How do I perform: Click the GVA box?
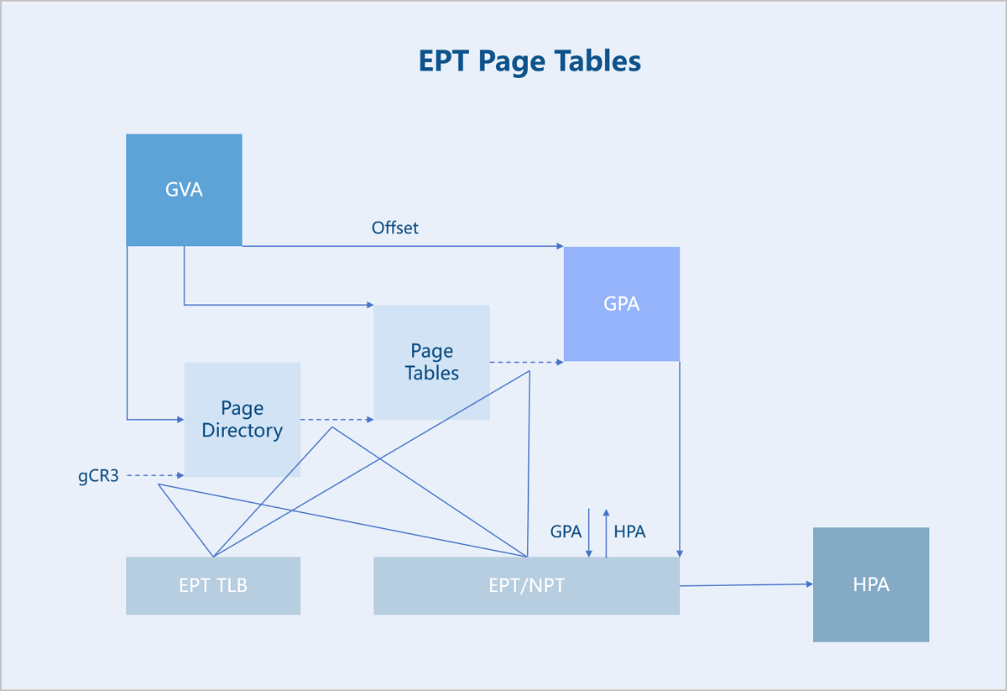[x=184, y=190]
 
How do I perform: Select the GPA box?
[x=622, y=304]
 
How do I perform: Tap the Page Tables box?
[x=431, y=362]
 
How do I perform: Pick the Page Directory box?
[x=243, y=419]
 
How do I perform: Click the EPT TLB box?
[x=213, y=586]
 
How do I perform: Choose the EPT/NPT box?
[x=526, y=586]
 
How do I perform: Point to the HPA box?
[x=871, y=585]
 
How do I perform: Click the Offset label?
[x=394, y=228]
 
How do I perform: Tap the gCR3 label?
[x=98, y=476]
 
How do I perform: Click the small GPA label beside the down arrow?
[x=566, y=531]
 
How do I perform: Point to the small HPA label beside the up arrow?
[x=629, y=531]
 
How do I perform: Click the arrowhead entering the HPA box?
[x=810, y=584]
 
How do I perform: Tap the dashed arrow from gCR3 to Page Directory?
[x=155, y=475]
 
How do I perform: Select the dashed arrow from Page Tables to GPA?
[x=527, y=362]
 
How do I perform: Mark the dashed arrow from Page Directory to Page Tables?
[x=337, y=420]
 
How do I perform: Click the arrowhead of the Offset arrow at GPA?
[x=561, y=246]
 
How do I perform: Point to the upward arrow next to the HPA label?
[x=606, y=533]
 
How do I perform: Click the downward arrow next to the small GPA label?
[x=588, y=533]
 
